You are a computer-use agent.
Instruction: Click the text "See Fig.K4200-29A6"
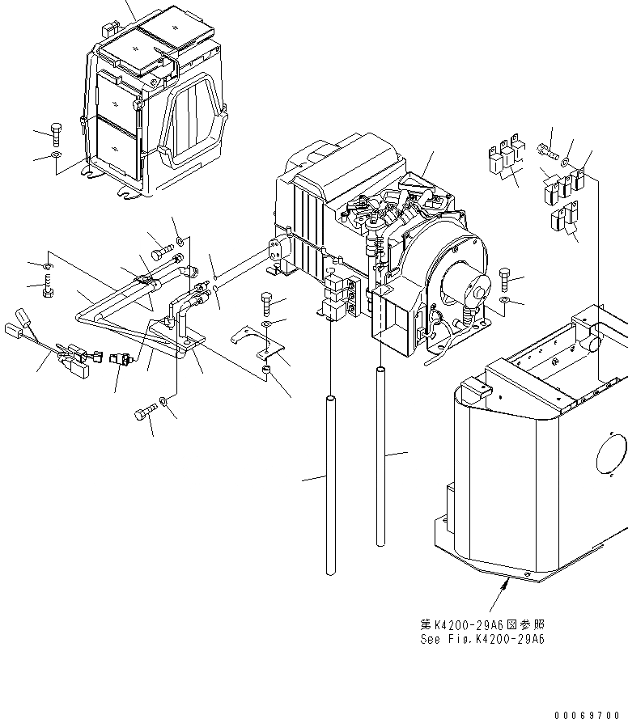click(482, 639)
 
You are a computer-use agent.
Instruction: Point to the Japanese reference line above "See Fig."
click(482, 625)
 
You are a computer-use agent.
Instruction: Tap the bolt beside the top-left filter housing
click(55, 131)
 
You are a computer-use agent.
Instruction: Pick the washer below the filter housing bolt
click(55, 154)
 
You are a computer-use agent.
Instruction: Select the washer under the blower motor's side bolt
click(506, 302)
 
